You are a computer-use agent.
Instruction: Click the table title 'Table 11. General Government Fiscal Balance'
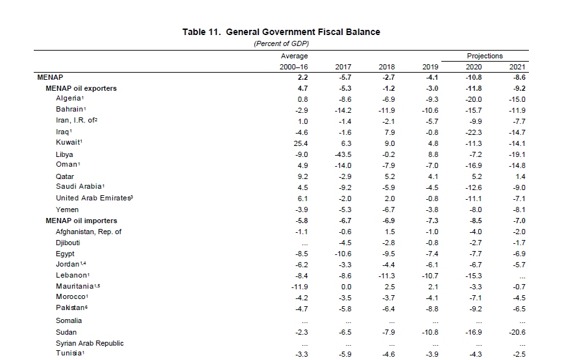[x=281, y=32]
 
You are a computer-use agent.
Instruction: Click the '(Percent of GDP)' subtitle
[x=281, y=43]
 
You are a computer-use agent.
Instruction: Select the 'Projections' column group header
[x=484, y=56]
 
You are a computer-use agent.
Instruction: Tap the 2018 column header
[x=386, y=67]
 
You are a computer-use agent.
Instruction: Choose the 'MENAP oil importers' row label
[x=81, y=221]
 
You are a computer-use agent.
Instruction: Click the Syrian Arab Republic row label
[x=90, y=343]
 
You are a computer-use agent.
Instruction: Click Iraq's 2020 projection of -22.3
[x=474, y=132]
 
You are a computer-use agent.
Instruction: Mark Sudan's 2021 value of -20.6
[x=517, y=331]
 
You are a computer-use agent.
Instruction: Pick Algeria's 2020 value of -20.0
[x=474, y=99]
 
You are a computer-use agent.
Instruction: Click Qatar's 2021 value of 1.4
[x=520, y=176]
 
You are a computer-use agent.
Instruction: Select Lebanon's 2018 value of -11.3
[x=386, y=276]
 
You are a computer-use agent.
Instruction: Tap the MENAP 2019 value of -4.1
[x=432, y=77]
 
